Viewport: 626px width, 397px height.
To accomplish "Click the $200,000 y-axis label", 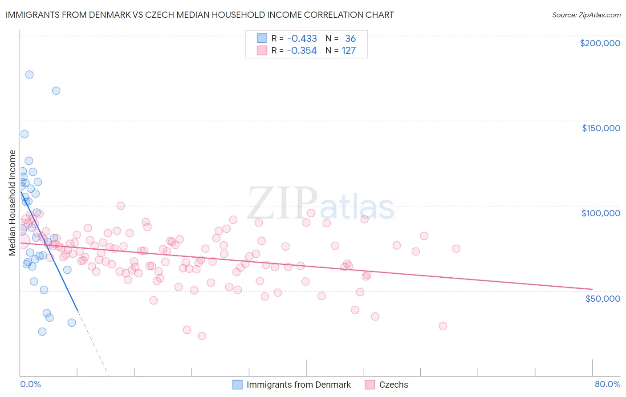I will click(x=600, y=43).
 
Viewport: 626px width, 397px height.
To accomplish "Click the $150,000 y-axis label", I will click(x=601, y=128).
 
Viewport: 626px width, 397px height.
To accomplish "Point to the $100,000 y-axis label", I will click(x=601, y=213).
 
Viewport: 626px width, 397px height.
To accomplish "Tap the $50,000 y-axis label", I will click(x=602, y=298).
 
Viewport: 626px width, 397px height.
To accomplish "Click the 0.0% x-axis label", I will click(x=30, y=384).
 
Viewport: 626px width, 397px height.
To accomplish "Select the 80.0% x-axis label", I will click(x=607, y=384).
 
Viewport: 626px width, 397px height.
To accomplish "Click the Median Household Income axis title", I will click(x=12, y=203).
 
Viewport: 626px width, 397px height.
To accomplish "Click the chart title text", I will click(x=199, y=15).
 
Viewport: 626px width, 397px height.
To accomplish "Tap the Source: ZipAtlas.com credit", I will click(x=586, y=15).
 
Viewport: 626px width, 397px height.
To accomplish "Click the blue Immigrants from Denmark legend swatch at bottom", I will click(x=238, y=385).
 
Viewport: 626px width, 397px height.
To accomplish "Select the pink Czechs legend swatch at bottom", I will click(x=370, y=385).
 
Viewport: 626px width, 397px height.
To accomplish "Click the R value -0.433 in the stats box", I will click(x=302, y=38).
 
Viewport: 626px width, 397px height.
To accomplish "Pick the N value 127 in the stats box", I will click(x=349, y=50).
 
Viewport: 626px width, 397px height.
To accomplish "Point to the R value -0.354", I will click(x=302, y=50).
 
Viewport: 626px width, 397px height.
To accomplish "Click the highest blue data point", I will click(x=29, y=74).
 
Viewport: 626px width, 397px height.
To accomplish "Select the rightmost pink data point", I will click(x=456, y=249).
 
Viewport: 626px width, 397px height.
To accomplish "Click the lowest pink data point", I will click(x=202, y=336).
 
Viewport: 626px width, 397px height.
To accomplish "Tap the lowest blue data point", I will click(x=42, y=331).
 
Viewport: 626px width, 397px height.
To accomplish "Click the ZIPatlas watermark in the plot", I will click(x=321, y=203).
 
